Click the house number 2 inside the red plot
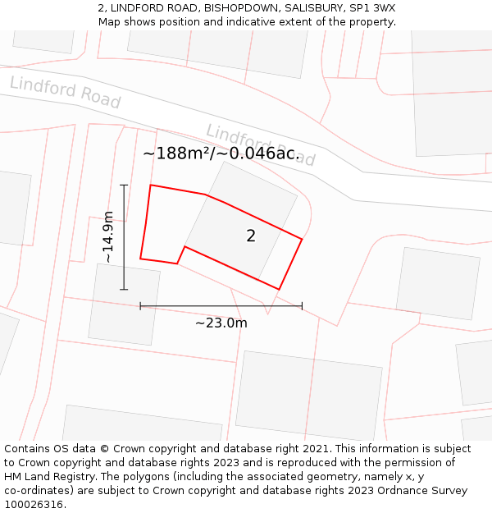tap(251, 236)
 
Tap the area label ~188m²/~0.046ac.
tap(221, 153)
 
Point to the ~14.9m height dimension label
tap(107, 237)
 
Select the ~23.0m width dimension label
tap(221, 323)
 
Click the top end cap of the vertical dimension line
tap(124, 186)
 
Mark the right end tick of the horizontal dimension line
tap(302, 306)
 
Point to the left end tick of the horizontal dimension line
tap(140, 306)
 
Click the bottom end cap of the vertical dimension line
tap(124, 289)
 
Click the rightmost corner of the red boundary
tap(302, 239)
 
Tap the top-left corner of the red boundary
tap(151, 186)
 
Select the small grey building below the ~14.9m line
tap(124, 305)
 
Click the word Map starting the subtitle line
tap(111, 22)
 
